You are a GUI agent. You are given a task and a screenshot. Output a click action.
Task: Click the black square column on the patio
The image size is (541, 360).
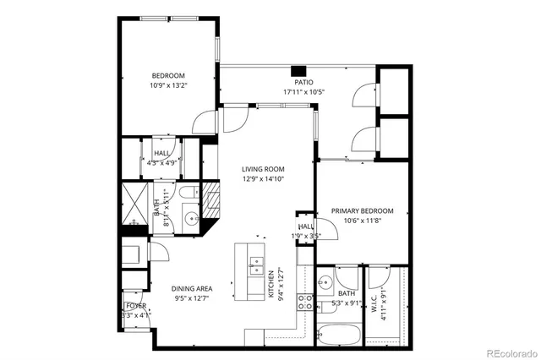[x=298, y=70]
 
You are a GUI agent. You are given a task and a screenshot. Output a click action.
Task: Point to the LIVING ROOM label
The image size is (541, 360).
[x=263, y=169]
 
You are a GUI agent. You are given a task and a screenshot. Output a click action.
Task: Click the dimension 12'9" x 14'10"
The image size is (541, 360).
[x=263, y=178]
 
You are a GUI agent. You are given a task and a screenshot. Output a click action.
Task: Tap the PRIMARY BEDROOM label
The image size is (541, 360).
[x=362, y=210]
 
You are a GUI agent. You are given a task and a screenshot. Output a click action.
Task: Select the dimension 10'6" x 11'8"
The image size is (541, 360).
[x=362, y=220]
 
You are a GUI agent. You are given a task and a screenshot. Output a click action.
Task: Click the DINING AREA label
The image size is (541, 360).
[x=192, y=289]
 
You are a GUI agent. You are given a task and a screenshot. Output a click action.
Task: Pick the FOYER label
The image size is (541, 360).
[x=135, y=306]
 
